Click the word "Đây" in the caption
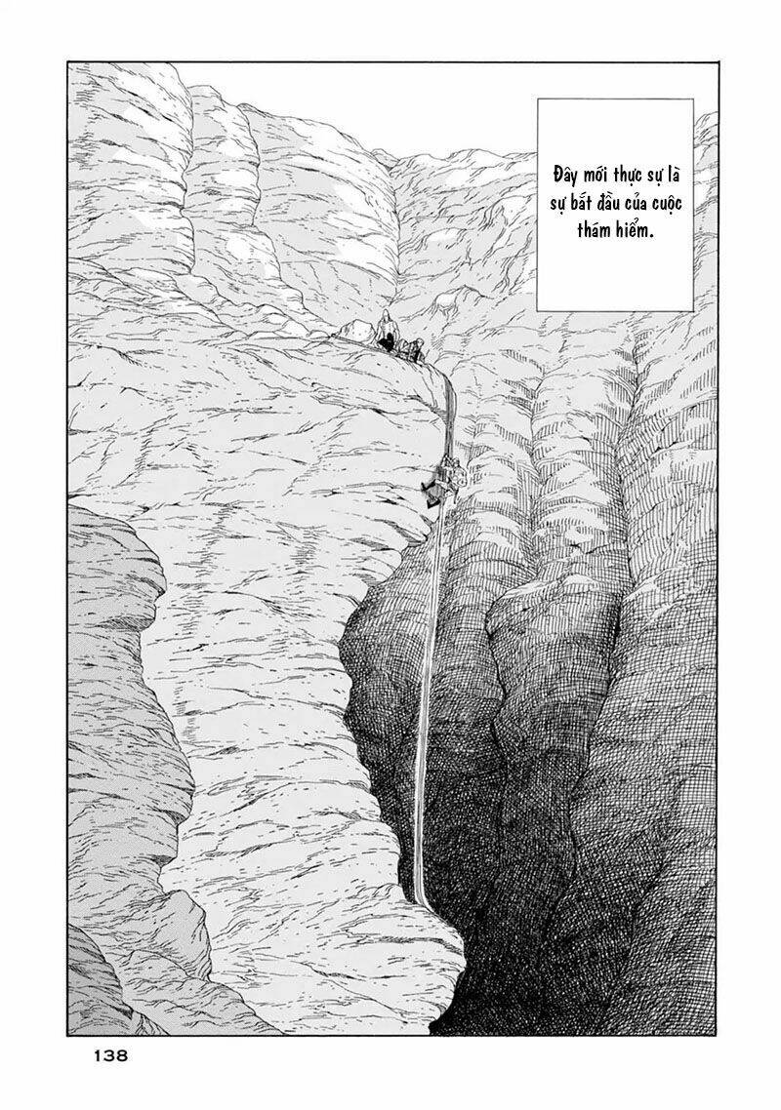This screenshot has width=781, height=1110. tap(565, 176)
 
